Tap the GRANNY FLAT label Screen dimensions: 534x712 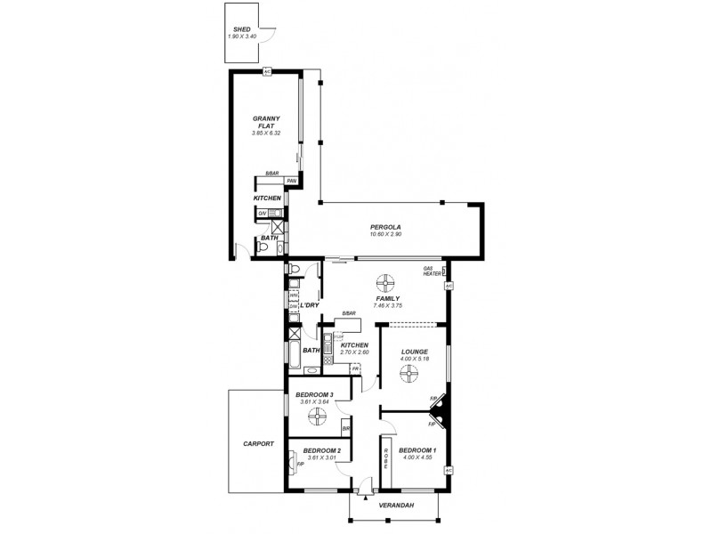(x=267, y=121)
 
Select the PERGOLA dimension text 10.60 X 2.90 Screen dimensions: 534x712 (x=385, y=236)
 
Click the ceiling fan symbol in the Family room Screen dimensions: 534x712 (x=384, y=283)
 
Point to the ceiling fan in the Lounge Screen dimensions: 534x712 (x=408, y=377)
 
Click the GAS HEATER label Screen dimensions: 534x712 (x=433, y=271)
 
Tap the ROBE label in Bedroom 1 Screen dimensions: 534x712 (x=386, y=458)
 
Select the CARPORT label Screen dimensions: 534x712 (x=258, y=443)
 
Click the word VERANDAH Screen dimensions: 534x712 (x=393, y=506)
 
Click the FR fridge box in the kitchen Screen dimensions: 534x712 (x=355, y=368)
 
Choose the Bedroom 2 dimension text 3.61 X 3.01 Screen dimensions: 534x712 (x=318, y=458)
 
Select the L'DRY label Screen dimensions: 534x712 (x=309, y=305)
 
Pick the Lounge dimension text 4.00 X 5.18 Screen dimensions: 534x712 (x=415, y=359)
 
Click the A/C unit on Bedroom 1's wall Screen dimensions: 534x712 (x=449, y=469)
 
